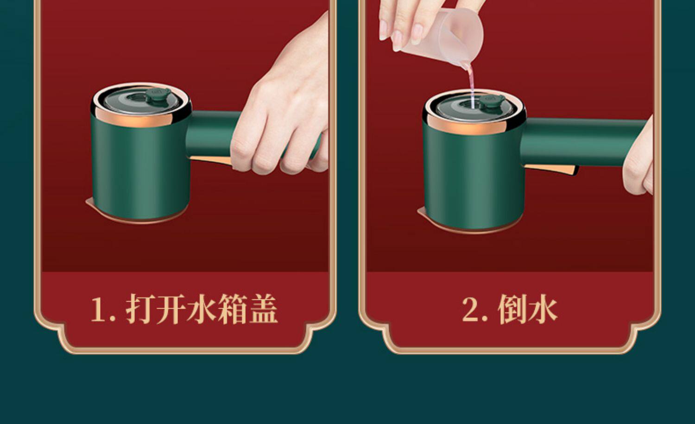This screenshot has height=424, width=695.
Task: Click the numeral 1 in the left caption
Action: coord(99,309)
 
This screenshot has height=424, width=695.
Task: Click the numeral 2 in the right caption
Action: coord(472,309)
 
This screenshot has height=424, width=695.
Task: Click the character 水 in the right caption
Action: coord(543,309)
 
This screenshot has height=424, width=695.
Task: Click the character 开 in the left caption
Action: coord(171,309)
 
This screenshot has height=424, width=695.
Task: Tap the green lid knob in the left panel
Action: coord(158,95)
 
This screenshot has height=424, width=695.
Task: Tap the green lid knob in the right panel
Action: coord(492,101)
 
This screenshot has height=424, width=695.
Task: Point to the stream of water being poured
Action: coord(471,84)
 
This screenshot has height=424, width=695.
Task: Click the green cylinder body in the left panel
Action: coord(140,168)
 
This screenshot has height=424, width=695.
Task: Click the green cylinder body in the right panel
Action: coord(473,177)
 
